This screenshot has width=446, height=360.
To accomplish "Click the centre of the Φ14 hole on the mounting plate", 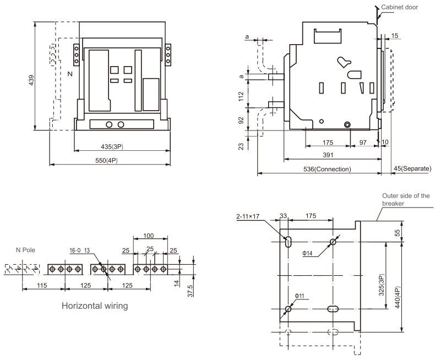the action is click(333, 242).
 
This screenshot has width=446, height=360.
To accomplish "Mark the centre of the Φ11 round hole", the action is click(288, 309).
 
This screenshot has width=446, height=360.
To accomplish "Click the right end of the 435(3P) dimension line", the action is click(170, 150).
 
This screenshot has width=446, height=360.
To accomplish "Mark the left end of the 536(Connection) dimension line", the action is click(258, 173).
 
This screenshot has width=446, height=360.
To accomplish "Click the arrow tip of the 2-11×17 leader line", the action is click(287, 239).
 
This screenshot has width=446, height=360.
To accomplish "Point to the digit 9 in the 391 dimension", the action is click(328, 155).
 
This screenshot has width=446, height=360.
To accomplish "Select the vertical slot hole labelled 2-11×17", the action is click(289, 242).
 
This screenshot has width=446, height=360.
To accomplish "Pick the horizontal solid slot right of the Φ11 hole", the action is click(333, 309).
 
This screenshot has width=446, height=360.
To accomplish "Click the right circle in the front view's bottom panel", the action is click(121, 124).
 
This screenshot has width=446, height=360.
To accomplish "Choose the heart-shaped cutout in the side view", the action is click(344, 62).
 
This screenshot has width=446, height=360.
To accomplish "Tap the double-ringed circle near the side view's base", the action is click(347, 124).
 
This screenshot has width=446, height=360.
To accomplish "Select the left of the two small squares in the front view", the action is click(115, 70).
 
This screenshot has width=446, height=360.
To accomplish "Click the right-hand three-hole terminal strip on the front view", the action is click(168, 54).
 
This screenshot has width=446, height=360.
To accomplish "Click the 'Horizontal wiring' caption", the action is click(95, 306).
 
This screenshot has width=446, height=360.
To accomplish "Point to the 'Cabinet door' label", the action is click(399, 7).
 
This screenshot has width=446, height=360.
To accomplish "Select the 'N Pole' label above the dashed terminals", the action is click(25, 250).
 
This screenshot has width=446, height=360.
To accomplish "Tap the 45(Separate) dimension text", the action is click(412, 168).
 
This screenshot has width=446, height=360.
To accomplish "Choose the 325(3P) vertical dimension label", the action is click(382, 285).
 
